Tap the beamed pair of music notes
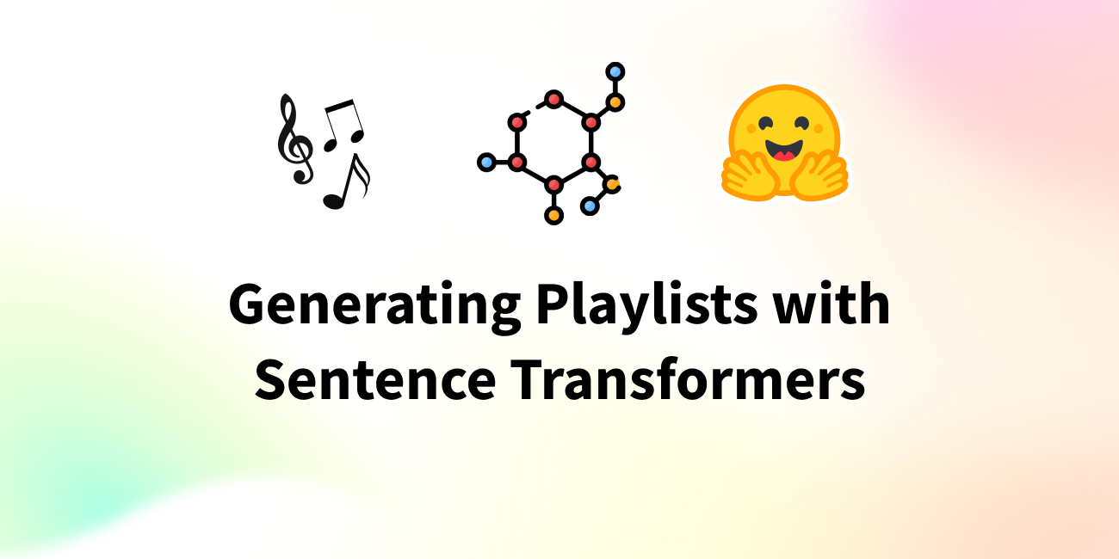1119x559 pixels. click(x=344, y=125)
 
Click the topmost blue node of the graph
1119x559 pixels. click(x=615, y=72)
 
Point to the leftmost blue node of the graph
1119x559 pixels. click(x=486, y=163)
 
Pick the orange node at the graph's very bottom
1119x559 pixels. click(x=553, y=215)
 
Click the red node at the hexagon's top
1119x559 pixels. click(x=553, y=99)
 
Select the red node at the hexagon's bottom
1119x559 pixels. click(x=553, y=185)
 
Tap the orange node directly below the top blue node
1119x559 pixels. click(x=615, y=102)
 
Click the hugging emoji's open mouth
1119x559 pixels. click(x=784, y=150)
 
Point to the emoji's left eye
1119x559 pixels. click(x=765, y=122)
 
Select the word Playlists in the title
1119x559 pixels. click(x=646, y=305)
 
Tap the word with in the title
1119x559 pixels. click(x=832, y=303)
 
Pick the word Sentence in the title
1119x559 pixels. click(x=375, y=379)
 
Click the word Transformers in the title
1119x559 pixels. click(x=688, y=378)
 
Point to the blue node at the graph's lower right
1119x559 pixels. click(x=590, y=206)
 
